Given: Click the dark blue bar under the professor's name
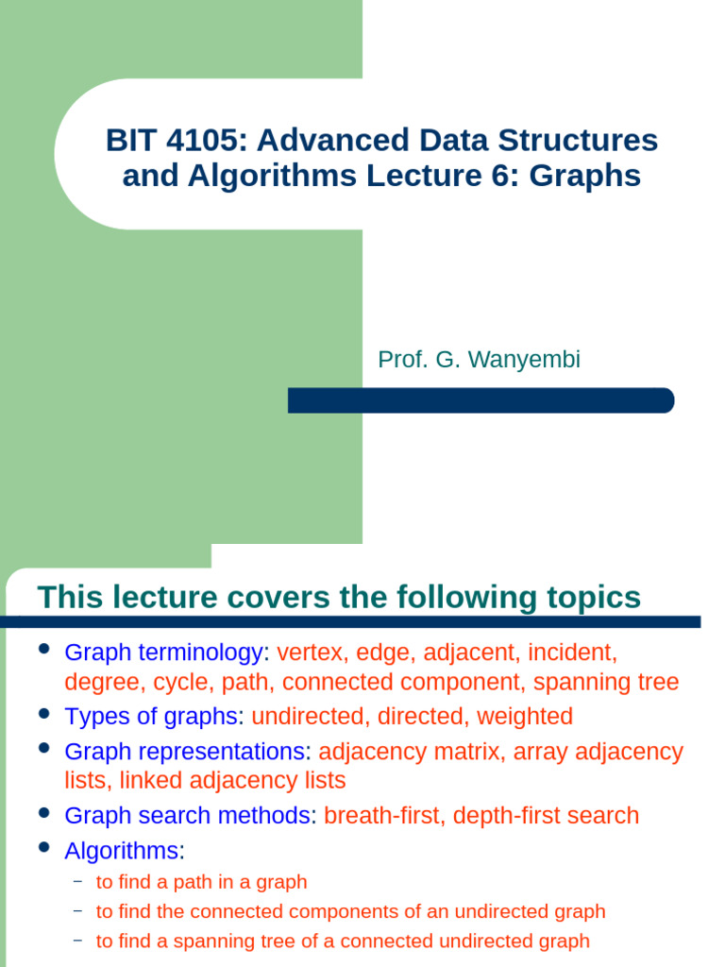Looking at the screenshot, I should pyautogui.click(x=481, y=400).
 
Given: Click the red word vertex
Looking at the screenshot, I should pyautogui.click(x=311, y=653).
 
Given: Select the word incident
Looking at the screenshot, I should pyautogui.click(x=571, y=653).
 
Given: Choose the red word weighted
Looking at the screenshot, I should pyautogui.click(x=525, y=717).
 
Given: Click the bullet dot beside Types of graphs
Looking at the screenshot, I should pyautogui.click(x=43, y=715).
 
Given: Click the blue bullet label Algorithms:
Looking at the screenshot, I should pyautogui.click(x=124, y=851).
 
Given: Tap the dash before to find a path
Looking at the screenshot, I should pyautogui.click(x=77, y=881).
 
